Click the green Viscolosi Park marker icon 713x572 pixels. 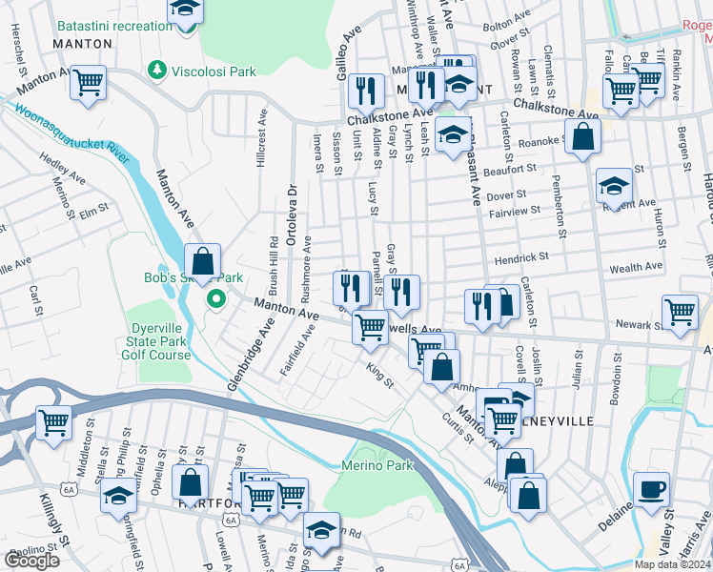tap(157, 71)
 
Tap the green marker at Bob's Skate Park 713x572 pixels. tap(216, 299)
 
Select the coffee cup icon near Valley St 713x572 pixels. tap(652, 490)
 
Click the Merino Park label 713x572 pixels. tap(377, 465)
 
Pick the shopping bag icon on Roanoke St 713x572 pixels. tap(581, 137)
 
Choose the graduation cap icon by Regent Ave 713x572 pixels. tap(615, 186)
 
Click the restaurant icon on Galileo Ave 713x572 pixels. tap(365, 92)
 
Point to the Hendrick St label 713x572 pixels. tap(521, 257)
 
